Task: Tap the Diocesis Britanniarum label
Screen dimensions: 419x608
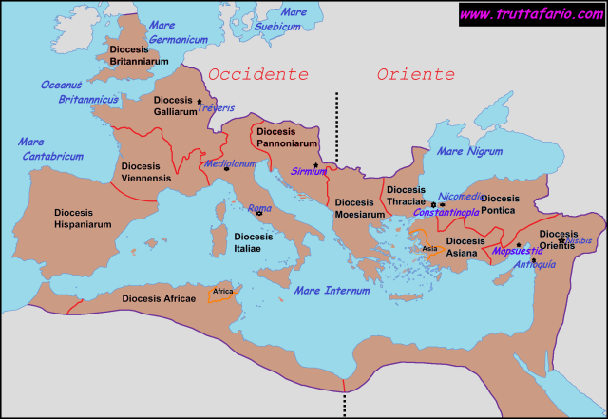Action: pyautogui.click(x=140, y=53)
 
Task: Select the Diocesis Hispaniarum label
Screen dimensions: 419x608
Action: pyautogui.click(x=83, y=219)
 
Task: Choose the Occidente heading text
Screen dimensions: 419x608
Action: pyautogui.click(x=258, y=74)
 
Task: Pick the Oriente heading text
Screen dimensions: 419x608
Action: pyautogui.click(x=415, y=74)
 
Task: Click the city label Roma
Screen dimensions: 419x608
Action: pyautogui.click(x=259, y=208)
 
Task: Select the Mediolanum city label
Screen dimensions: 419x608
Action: pyautogui.click(x=231, y=163)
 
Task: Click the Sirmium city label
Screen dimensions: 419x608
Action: pyautogui.click(x=310, y=171)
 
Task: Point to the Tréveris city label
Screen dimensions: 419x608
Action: pyautogui.click(x=218, y=108)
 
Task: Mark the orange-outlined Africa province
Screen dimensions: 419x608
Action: pyautogui.click(x=222, y=293)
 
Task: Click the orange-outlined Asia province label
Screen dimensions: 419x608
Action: pyautogui.click(x=429, y=248)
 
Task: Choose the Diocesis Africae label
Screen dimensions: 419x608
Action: pyautogui.click(x=159, y=298)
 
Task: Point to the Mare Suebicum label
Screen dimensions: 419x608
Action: pyautogui.click(x=281, y=19)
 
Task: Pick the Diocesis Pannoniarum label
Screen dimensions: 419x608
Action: pyautogui.click(x=287, y=137)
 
